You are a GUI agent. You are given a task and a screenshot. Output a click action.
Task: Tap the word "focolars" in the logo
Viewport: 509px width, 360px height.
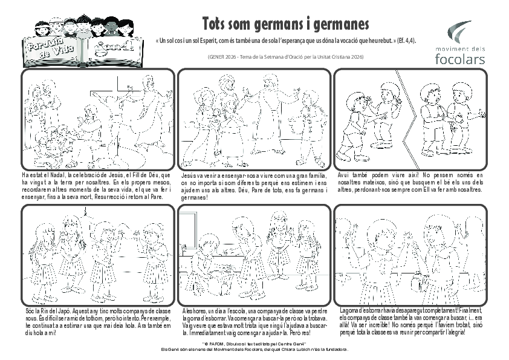459,59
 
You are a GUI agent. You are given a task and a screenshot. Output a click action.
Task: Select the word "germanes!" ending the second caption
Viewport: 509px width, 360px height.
194,198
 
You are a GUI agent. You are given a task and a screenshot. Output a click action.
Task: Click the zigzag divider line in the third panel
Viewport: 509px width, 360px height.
403,115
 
